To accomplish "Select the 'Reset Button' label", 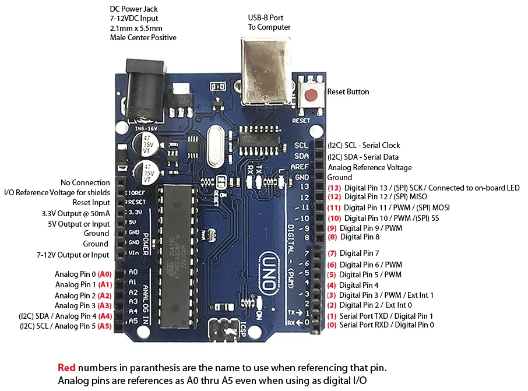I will coord(348,92).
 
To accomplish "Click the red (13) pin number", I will coord(334,188).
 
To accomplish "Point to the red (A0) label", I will coord(105,274).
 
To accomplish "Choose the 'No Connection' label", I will coord(85,183).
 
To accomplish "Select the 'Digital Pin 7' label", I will coord(360,253).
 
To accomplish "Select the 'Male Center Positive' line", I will coord(143,38).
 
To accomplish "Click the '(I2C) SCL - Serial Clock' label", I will coord(364,146).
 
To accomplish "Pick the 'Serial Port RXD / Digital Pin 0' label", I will coord(386,325).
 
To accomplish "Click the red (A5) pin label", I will coord(104,326).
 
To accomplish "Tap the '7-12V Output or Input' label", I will coord(73,255).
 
